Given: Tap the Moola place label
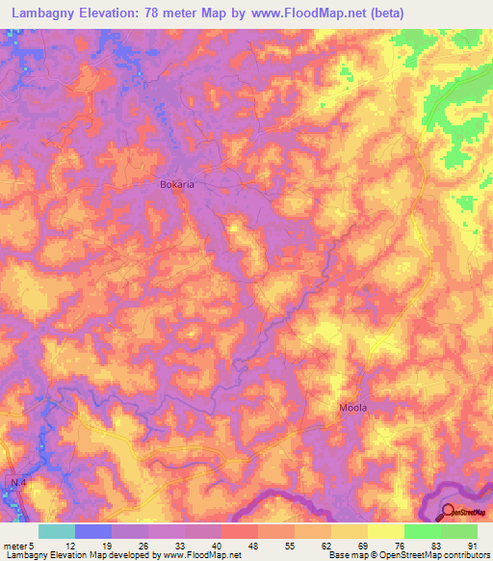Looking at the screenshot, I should click(353, 408).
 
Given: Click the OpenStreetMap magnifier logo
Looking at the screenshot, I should click(449, 513).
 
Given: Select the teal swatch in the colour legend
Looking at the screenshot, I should click(57, 531).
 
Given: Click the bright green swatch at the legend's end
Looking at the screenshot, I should click(459, 531).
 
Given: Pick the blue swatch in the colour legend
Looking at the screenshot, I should click(93, 531).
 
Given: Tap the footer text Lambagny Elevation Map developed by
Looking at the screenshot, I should click(78, 556).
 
